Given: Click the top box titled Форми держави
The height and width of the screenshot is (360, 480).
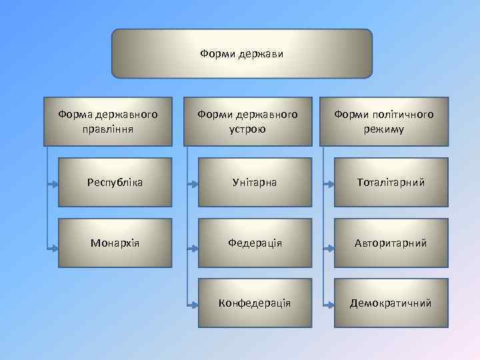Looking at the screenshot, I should (x=241, y=53).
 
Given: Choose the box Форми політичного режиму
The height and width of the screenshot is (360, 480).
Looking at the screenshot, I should (x=383, y=121).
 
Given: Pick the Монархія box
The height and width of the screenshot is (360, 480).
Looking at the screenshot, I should (x=115, y=243).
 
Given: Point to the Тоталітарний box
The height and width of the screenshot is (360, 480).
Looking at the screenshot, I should (x=391, y=182).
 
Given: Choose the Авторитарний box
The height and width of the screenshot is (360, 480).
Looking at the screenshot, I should (x=391, y=243).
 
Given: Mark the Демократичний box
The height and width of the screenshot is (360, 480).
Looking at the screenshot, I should (x=391, y=303).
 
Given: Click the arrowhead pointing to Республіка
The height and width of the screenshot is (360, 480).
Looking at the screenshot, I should (x=55, y=182).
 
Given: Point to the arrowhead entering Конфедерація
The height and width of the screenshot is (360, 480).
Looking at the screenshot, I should (x=194, y=307).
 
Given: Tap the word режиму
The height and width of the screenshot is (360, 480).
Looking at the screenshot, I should (x=383, y=129).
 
